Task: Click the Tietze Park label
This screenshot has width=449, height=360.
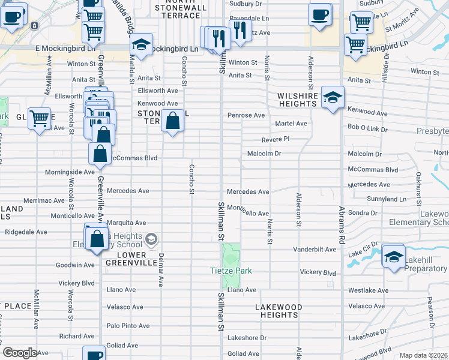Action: [x=231, y=271]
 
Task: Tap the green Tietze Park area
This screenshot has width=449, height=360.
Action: [x=232, y=254]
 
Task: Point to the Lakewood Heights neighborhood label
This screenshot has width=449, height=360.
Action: [x=279, y=311]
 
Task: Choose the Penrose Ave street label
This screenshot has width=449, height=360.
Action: [x=246, y=115]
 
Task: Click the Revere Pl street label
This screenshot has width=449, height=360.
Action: [x=276, y=139]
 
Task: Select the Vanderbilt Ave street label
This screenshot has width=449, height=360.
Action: [x=314, y=249]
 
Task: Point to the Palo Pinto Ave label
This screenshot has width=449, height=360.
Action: [x=128, y=326]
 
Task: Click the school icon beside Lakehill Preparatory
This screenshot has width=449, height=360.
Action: [x=393, y=256]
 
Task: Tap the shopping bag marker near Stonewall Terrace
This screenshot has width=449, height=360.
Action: [x=172, y=120]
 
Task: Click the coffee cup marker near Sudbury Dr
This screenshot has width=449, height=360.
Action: [x=320, y=14]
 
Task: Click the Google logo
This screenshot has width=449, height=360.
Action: [x=20, y=353]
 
